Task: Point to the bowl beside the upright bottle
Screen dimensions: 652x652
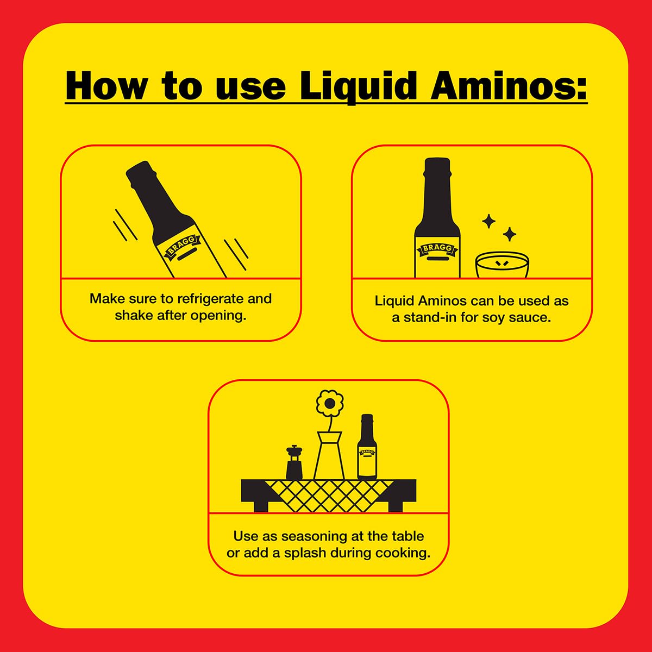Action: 501,265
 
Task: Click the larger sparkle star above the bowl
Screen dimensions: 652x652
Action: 509,234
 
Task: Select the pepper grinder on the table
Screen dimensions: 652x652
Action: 294,462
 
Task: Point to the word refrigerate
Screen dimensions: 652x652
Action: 211,299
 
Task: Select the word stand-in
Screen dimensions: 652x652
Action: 430,317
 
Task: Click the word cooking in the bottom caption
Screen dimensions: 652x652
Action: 405,553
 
